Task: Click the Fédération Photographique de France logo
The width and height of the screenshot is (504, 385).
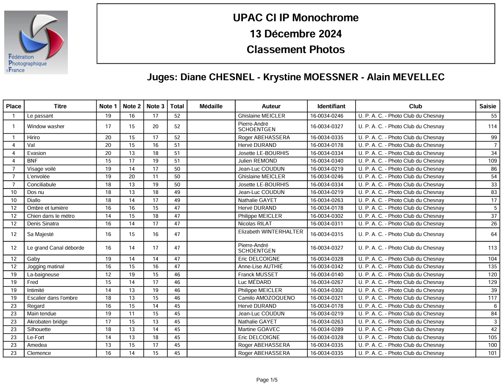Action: point(36,42)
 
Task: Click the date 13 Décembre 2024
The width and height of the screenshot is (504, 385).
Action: point(295,34)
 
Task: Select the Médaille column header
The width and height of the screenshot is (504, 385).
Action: point(211,106)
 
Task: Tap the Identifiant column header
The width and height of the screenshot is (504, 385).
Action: point(331,106)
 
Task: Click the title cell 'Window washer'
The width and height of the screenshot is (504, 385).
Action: point(46,126)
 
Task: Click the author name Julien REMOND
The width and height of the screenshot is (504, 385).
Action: point(257,161)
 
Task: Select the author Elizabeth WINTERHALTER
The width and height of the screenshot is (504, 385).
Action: point(270,232)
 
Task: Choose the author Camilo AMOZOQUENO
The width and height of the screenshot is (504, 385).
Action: point(266,298)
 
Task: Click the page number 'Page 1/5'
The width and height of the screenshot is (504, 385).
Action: point(267,380)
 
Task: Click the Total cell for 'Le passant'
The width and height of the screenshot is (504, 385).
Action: point(177,116)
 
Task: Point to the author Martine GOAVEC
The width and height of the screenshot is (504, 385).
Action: point(259,329)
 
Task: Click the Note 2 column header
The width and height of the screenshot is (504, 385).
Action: point(131,106)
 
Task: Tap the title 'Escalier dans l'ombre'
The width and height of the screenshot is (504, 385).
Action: point(52,298)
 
